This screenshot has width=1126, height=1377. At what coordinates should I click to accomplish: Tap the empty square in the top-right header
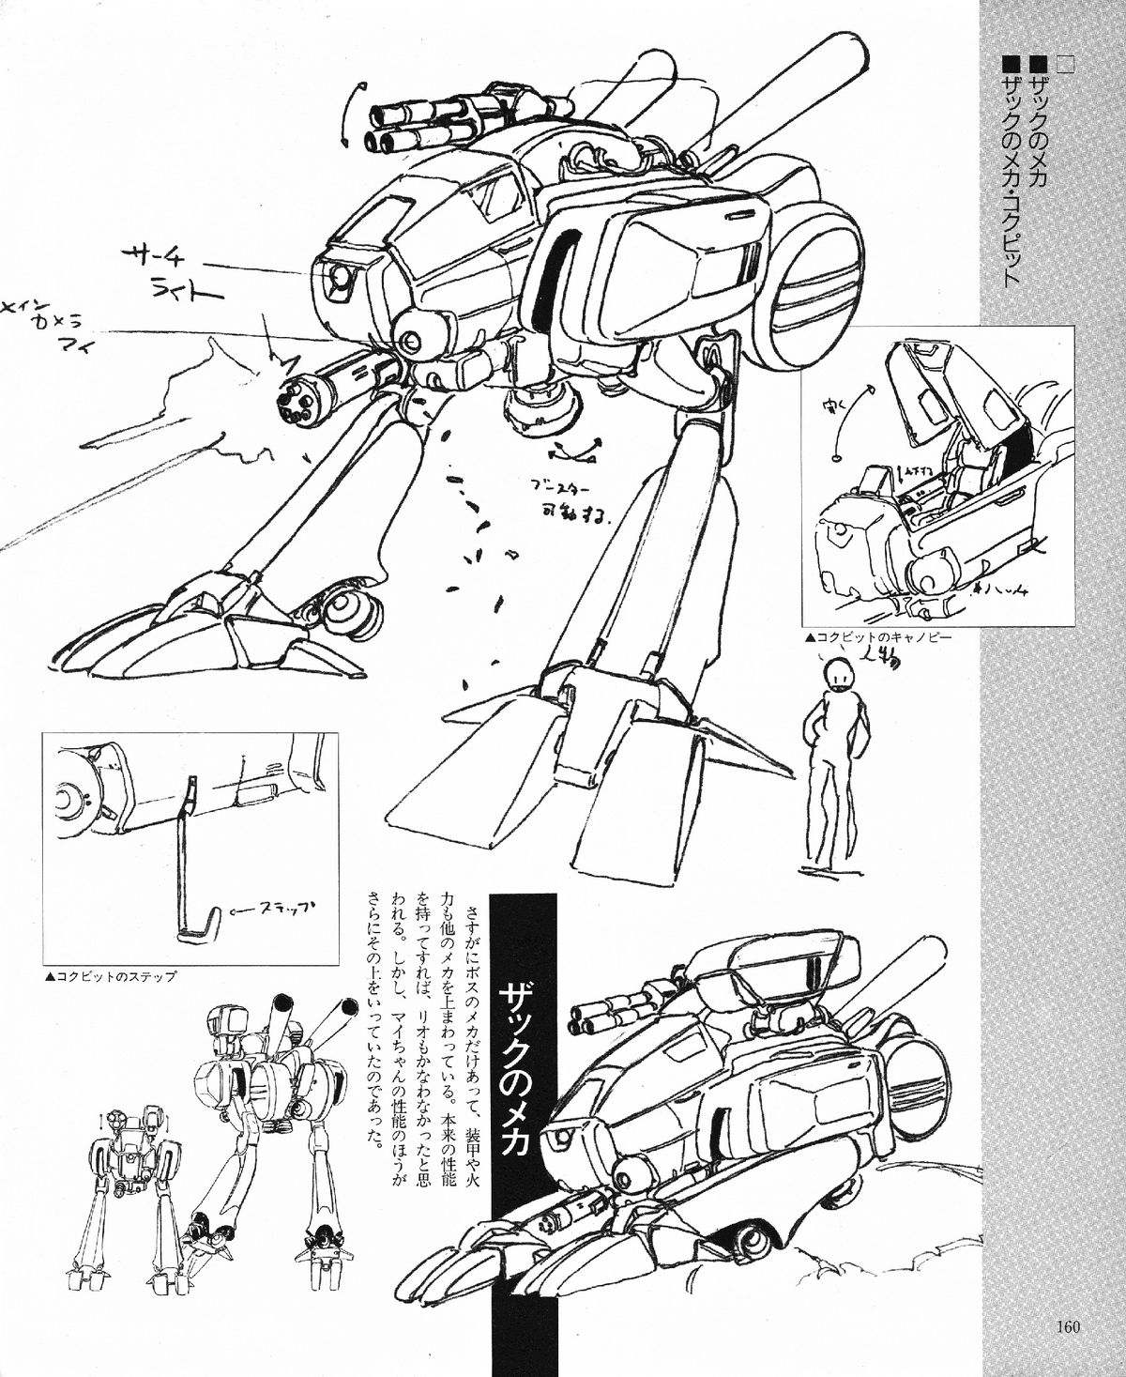click(1065, 64)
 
